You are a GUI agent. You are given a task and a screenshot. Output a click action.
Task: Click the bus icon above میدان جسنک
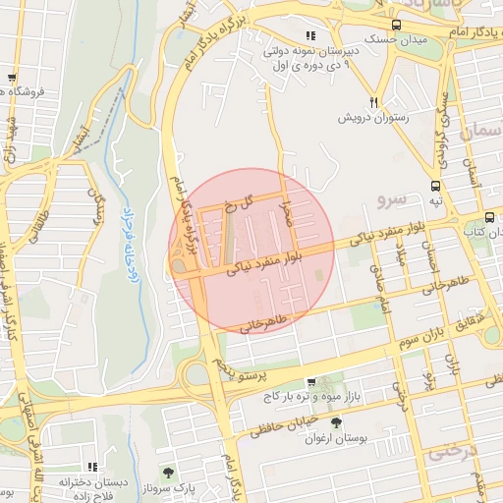[396, 26]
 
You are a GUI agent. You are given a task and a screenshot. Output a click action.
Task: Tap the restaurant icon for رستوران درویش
[374, 102]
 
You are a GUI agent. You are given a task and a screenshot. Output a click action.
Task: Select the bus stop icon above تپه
[435, 185]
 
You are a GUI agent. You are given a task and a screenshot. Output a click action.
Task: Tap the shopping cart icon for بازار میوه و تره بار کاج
[311, 382]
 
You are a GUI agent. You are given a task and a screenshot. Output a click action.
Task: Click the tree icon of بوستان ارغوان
[337, 422]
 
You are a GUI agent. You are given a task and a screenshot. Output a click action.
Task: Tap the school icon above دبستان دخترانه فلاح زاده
[92, 467]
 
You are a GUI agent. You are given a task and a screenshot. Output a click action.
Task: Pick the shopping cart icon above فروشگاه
[11, 78]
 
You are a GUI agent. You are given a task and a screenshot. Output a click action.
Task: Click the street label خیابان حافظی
[286, 420]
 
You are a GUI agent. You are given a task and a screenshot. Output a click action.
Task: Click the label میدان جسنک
[396, 41]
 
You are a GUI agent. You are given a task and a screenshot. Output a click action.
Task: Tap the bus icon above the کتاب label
[489, 217]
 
